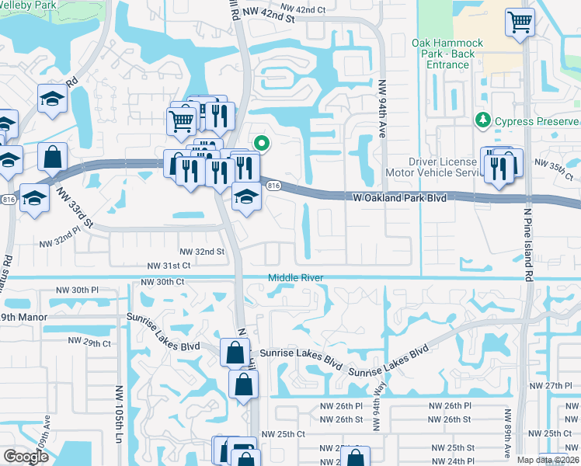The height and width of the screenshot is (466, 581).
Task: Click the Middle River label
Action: click(296, 278)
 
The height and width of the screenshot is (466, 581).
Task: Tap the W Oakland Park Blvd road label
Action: click(399, 199)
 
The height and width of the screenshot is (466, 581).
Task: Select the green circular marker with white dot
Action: click(263, 142)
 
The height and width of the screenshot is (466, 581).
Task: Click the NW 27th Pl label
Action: click(558, 386)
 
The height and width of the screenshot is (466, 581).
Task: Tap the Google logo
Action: click(26, 457)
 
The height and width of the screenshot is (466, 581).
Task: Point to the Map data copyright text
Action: click(548, 460)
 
